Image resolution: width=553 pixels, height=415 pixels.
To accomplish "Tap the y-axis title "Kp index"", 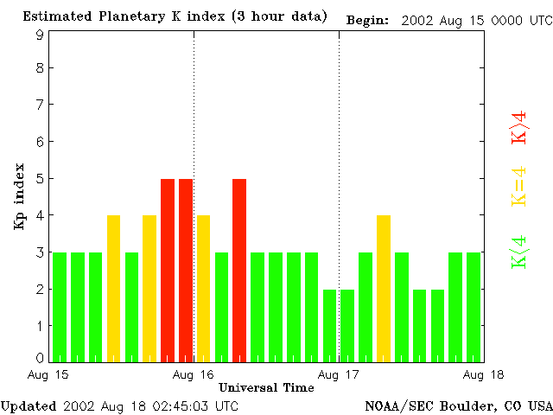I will [19, 196].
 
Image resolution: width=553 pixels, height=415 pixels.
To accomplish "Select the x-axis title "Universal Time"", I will [266, 387].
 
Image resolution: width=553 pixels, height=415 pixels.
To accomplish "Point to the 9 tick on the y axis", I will [40, 35].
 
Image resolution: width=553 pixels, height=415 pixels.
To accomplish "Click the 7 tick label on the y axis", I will [40, 105].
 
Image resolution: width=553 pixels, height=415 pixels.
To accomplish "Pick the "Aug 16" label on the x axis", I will [194, 374].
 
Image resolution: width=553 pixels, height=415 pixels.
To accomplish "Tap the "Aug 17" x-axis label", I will [339, 374].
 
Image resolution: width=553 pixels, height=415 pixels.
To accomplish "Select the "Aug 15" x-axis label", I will [48, 374].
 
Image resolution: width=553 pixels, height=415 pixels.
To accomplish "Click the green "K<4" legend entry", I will [519, 252].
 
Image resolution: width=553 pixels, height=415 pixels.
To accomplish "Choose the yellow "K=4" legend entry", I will [519, 186].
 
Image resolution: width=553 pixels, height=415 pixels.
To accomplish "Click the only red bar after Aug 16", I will [239, 270].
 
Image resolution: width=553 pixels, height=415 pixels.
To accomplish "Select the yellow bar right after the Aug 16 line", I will [203, 288].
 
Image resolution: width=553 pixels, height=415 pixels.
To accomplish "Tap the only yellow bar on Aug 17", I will [384, 288].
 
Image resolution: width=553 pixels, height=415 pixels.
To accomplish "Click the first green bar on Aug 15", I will [60, 306].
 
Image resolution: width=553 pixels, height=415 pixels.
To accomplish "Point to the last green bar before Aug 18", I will [474, 306].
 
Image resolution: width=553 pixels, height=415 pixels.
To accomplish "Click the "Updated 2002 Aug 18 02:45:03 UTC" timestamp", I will [119, 405].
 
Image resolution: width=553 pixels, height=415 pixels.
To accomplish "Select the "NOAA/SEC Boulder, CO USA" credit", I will [458, 405].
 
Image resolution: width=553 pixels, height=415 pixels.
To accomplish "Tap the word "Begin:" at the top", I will [367, 19].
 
